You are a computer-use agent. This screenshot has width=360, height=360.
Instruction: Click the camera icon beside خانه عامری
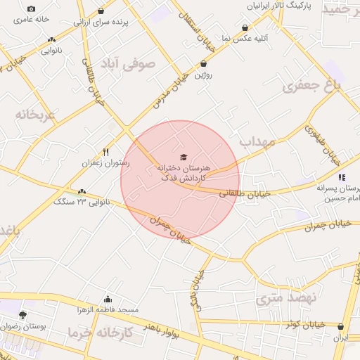tap(31, 9)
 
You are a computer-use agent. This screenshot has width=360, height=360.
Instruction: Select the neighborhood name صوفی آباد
tap(138, 65)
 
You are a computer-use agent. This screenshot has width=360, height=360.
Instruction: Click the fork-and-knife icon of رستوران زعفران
tap(106, 152)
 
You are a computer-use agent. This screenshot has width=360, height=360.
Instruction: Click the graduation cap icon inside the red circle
tap(184, 157)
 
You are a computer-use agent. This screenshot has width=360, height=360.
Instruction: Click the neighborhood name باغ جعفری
tap(311, 86)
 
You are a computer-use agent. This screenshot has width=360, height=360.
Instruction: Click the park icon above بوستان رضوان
tap(23, 315)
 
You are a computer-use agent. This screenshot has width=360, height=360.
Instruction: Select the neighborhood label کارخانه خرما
tap(101, 332)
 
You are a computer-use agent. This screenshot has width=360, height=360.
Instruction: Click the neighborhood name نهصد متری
tap(286, 298)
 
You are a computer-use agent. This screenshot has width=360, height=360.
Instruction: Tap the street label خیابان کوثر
tap(303, 324)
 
